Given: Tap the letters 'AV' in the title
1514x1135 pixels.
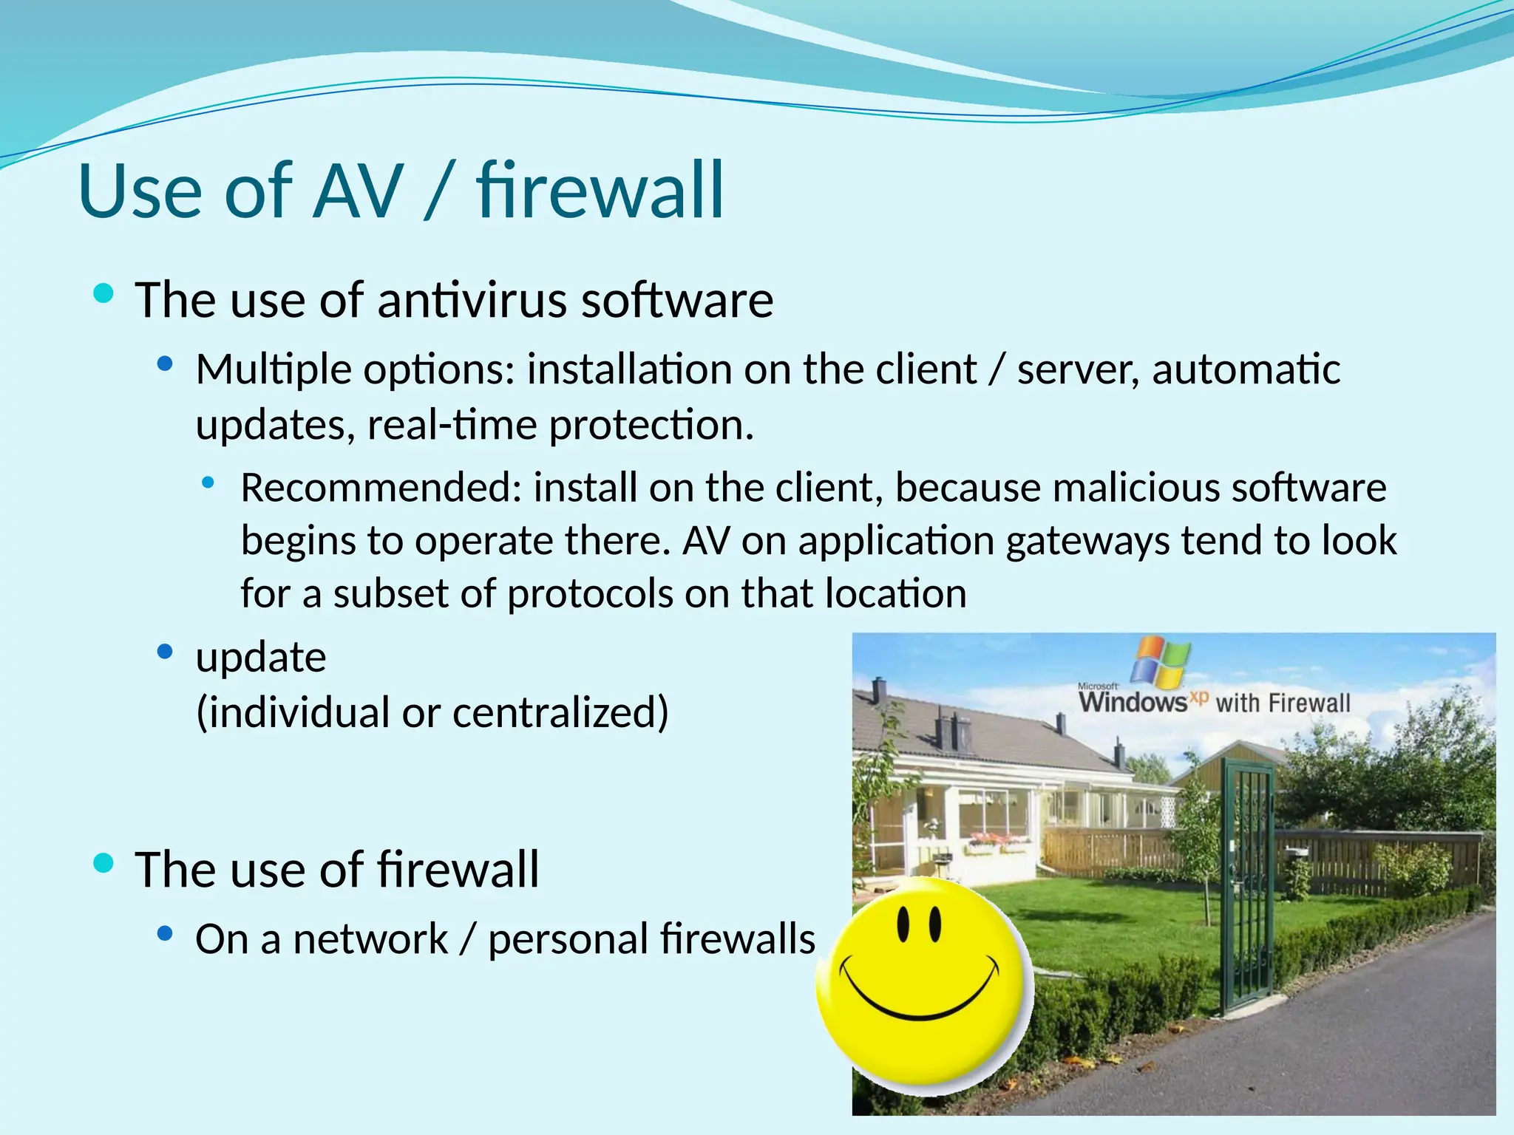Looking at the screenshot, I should coord(359,192).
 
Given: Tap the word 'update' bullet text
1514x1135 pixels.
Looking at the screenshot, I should coord(260,658).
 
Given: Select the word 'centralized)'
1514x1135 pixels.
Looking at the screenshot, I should coord(560,712).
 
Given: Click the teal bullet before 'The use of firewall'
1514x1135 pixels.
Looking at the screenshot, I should coord(103,862).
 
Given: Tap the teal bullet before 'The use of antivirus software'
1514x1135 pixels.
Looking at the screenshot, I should coord(103,294).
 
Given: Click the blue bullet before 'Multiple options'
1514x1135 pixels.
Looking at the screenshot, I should coord(165,364).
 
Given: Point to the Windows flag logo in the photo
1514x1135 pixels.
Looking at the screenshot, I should coord(1163,660).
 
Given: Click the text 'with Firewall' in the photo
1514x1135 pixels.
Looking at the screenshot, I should coord(1283,703).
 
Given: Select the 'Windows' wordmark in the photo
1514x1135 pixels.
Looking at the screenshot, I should coord(1133,701).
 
